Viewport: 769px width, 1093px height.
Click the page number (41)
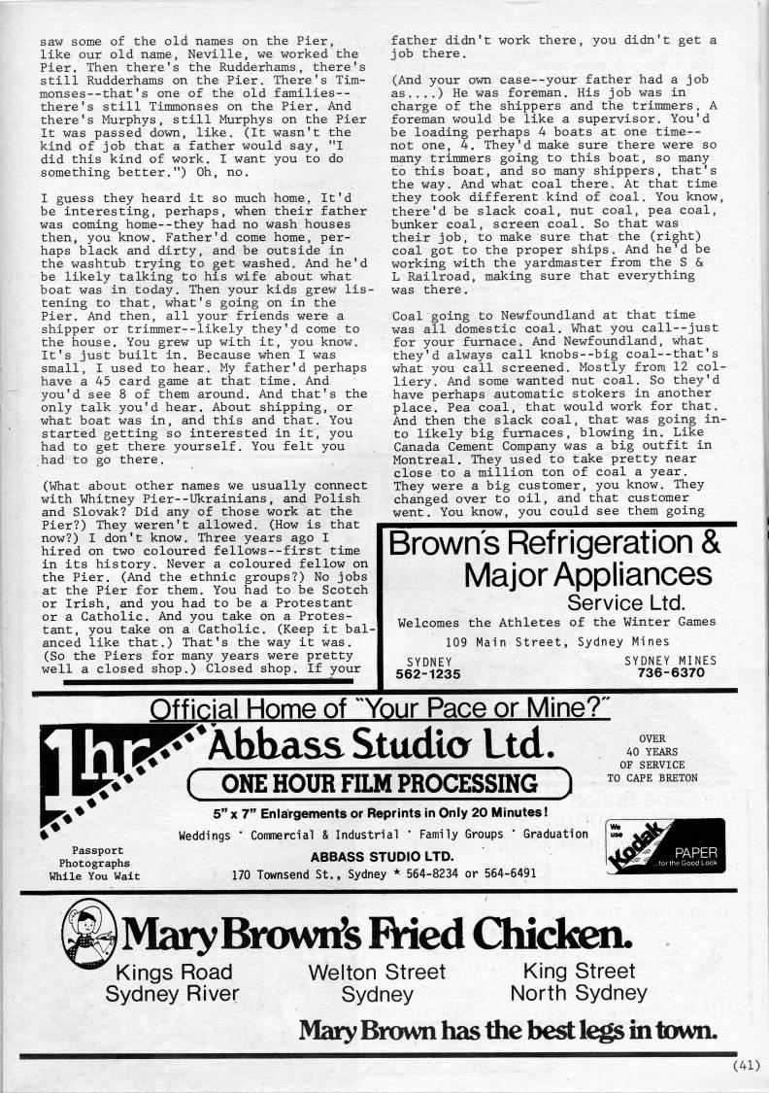pos(745,1064)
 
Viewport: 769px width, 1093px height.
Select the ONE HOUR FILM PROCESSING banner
pos(383,783)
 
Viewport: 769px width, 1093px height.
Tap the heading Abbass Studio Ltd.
pos(381,746)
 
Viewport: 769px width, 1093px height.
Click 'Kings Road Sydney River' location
pos(174,981)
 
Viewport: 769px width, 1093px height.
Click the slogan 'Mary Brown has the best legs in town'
pos(508,1030)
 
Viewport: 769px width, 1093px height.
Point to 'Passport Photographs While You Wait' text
pos(93,862)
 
